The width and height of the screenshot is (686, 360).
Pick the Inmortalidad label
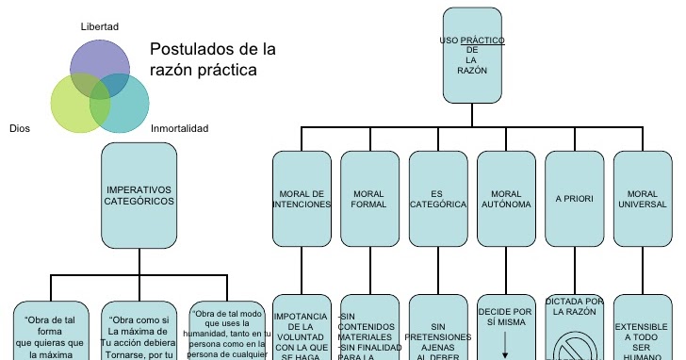(x=180, y=129)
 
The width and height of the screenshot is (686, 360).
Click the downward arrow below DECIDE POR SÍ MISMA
(x=506, y=339)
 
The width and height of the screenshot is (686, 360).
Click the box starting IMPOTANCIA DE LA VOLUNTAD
(x=302, y=330)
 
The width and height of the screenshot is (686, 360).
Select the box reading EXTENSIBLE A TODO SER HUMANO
(x=642, y=330)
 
